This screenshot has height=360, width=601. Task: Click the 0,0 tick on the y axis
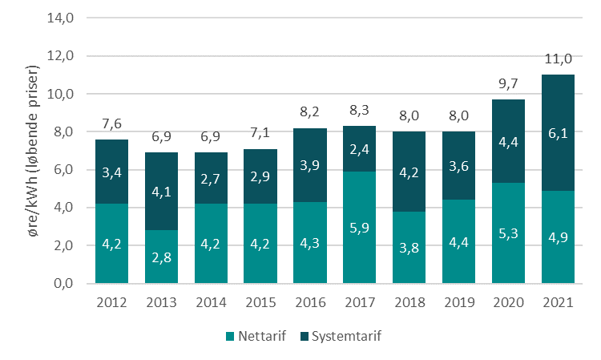[x=64, y=284]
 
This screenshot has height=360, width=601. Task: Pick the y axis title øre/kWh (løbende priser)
[x=32, y=152]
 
